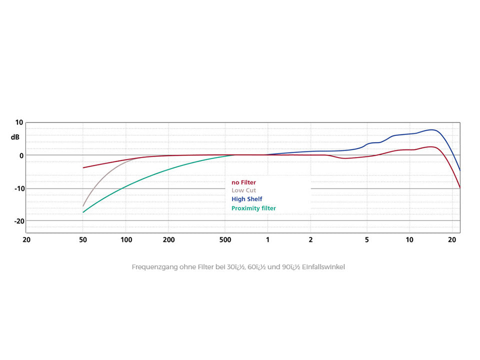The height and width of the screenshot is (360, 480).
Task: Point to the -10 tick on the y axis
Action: pyautogui.click(x=17, y=188)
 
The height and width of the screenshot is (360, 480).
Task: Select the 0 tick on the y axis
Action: pyautogui.click(x=20, y=155)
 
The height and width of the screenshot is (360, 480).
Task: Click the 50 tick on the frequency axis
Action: pyautogui.click(x=83, y=240)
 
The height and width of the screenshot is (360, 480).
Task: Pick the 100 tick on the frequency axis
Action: pyautogui.click(x=126, y=240)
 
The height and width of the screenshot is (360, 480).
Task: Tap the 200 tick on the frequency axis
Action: pyautogui.click(x=169, y=240)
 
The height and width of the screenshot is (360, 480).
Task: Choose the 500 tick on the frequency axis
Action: pyautogui.click(x=225, y=240)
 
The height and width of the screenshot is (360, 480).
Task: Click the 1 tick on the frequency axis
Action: pyautogui.click(x=267, y=240)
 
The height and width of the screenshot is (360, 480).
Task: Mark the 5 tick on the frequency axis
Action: pyautogui.click(x=367, y=240)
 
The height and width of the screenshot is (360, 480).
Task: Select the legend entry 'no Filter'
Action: pyautogui.click(x=243, y=182)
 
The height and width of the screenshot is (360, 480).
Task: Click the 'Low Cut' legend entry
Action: pyautogui.click(x=243, y=190)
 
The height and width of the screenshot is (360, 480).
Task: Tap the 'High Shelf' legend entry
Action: pyautogui.click(x=246, y=199)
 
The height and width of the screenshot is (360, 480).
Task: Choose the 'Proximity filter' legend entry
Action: pyautogui.click(x=253, y=208)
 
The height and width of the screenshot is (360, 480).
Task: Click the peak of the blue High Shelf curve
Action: pyautogui.click(x=432, y=130)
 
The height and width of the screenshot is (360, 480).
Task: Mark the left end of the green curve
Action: pyautogui.click(x=83, y=212)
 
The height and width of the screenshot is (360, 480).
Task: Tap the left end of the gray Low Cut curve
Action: pyautogui.click(x=83, y=206)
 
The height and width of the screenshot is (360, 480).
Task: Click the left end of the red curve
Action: pyautogui.click(x=83, y=167)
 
